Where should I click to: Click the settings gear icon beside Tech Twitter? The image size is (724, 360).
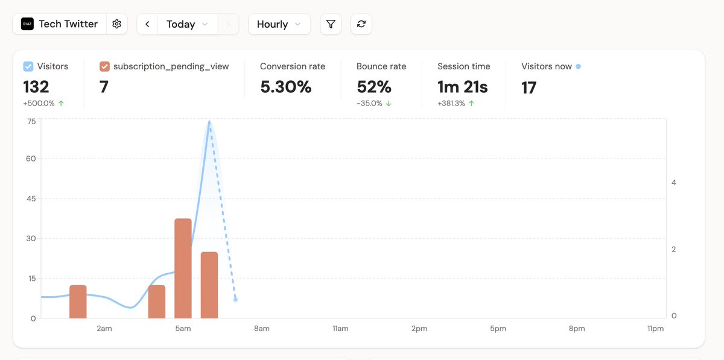(x=117, y=24)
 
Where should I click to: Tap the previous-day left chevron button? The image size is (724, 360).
(x=147, y=24)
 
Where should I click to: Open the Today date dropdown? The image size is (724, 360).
(x=187, y=24)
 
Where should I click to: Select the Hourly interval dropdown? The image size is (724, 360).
(x=279, y=24)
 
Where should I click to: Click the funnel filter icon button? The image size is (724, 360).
(x=331, y=24)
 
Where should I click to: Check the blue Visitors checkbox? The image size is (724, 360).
(x=28, y=66)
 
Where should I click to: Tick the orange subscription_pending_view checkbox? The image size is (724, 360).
(x=104, y=66)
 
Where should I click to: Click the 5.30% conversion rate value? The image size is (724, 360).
(x=286, y=87)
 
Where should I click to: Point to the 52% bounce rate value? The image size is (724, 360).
(x=374, y=87)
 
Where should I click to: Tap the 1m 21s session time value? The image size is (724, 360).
(x=462, y=87)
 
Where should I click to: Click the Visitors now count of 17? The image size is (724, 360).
(x=529, y=88)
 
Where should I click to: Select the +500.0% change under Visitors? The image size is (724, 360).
(x=39, y=103)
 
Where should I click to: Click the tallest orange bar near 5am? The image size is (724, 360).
(x=183, y=268)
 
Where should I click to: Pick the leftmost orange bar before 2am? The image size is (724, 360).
(x=78, y=302)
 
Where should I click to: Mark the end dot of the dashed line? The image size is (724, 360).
(x=235, y=300)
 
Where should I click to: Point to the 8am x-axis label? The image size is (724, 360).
(x=261, y=329)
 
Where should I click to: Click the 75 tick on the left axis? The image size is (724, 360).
(x=30, y=121)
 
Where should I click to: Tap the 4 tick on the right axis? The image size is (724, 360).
(x=673, y=183)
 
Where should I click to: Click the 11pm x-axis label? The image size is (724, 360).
(x=655, y=329)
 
